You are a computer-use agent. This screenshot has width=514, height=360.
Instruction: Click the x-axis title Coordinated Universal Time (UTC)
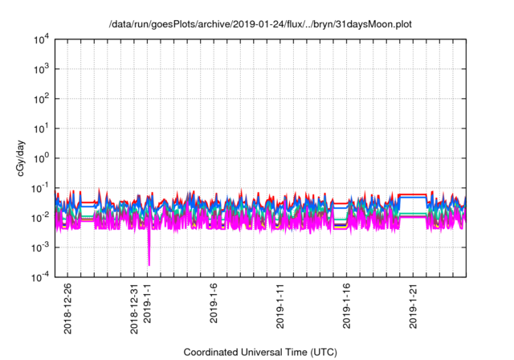(259, 352)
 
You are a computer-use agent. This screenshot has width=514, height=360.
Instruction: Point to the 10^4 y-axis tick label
(40, 39)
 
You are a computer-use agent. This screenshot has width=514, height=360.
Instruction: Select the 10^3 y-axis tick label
(40, 69)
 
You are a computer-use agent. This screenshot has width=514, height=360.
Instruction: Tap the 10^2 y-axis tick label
(40, 99)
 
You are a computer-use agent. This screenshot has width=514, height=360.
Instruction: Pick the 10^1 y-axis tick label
(40, 129)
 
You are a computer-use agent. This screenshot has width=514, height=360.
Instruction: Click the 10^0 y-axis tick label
(40, 158)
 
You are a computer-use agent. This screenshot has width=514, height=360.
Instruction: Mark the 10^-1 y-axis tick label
(39, 188)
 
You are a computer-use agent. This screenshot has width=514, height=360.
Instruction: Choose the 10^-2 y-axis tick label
(39, 218)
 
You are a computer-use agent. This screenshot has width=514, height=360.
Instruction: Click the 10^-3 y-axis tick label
(39, 247)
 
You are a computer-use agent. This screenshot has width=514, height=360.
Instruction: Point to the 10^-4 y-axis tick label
(39, 277)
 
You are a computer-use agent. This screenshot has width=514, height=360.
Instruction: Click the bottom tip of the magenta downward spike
(149, 264)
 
